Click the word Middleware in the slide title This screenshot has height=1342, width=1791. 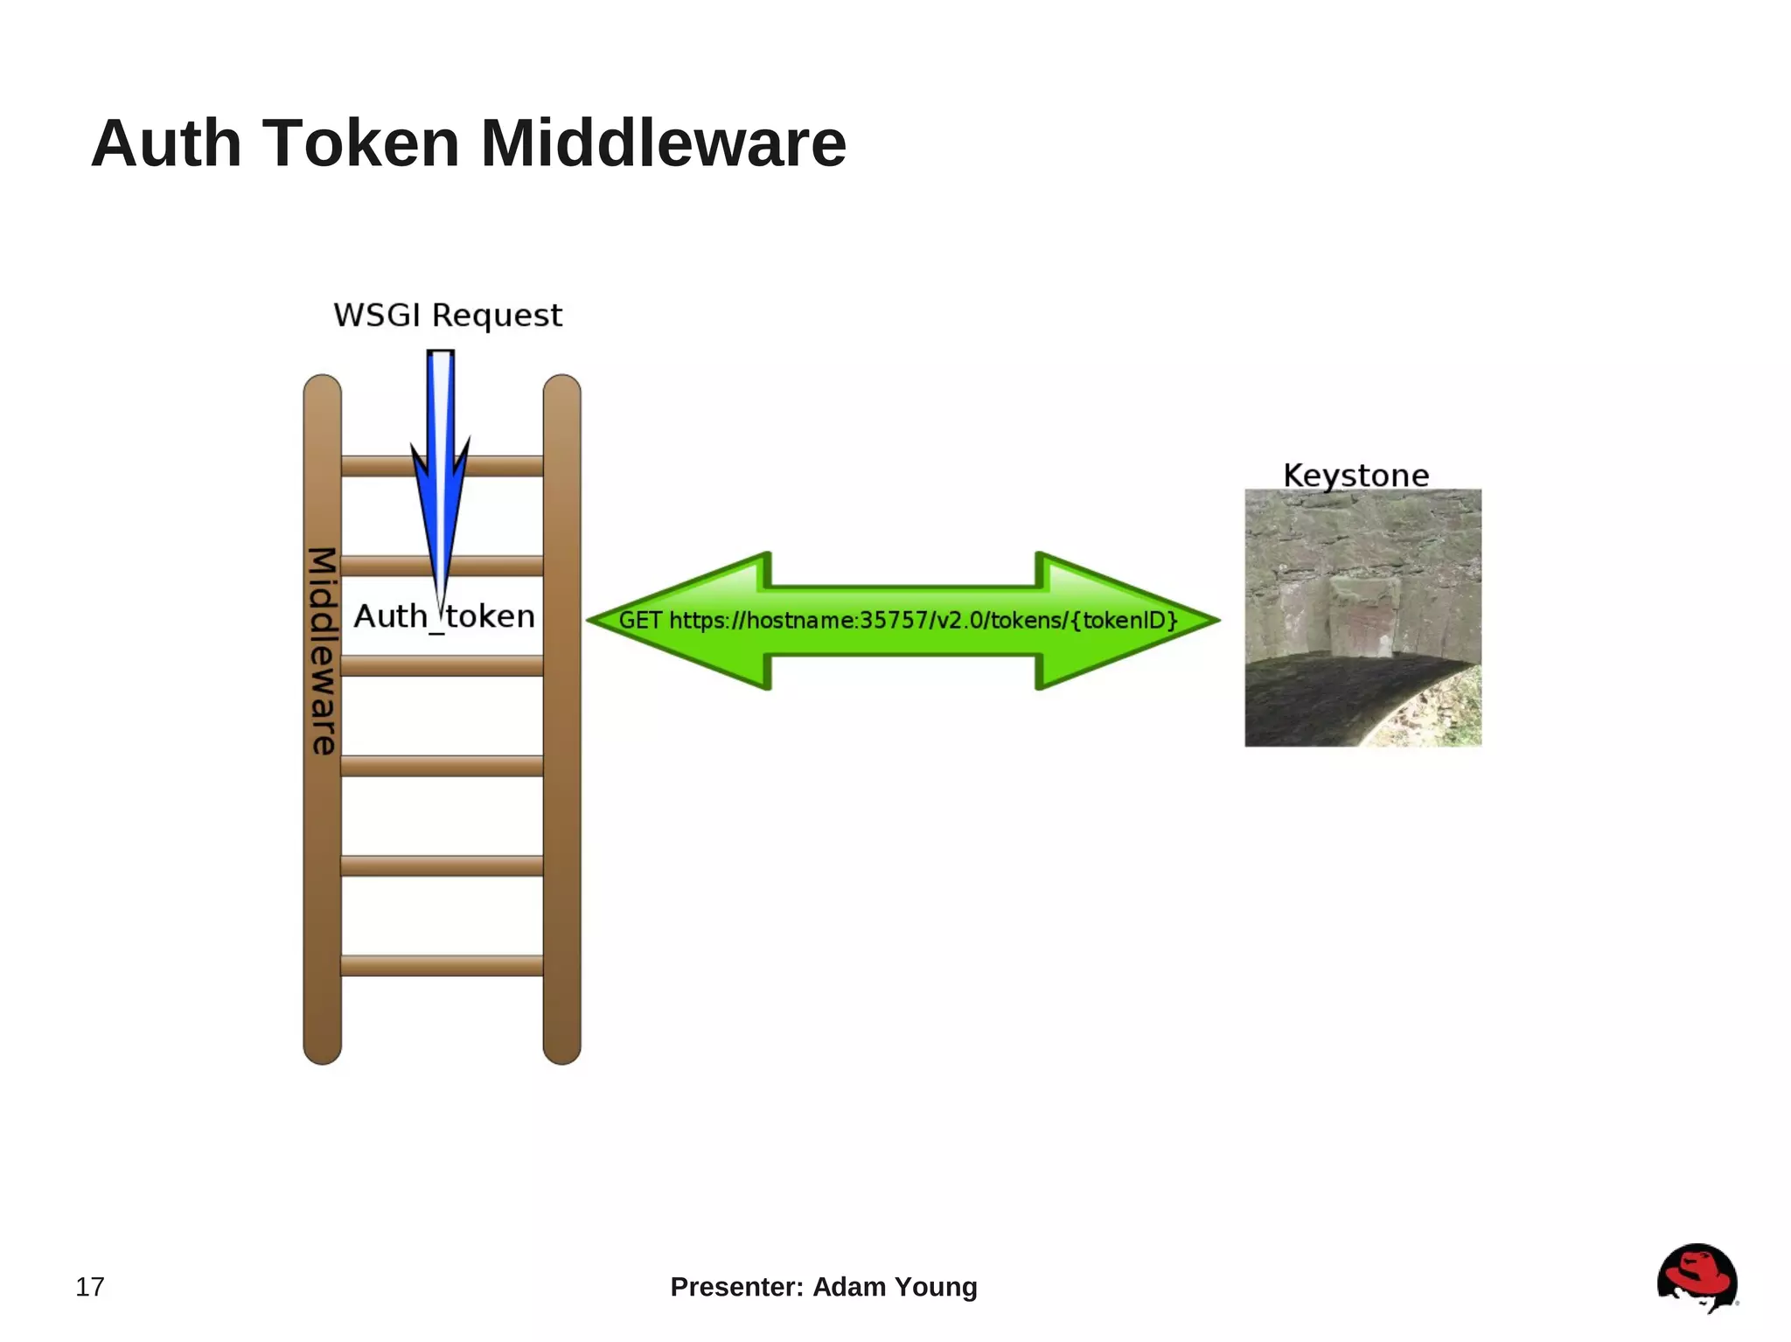[x=663, y=143]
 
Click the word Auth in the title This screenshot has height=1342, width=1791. [x=166, y=143]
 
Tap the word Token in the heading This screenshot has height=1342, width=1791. [x=360, y=143]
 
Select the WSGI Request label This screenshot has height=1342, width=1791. [x=448, y=315]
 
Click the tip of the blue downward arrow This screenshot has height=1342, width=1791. [x=442, y=603]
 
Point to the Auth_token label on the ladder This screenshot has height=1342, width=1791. [x=444, y=617]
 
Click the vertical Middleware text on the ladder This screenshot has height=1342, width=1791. [x=323, y=651]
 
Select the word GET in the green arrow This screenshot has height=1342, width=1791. [x=640, y=621]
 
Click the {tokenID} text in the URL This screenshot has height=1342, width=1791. [x=1124, y=621]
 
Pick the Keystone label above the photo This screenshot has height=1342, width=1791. [x=1355, y=476]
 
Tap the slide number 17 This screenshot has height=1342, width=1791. [x=90, y=1287]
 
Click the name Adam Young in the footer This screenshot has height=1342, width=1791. [x=895, y=1287]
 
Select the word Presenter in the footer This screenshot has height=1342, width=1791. [x=735, y=1287]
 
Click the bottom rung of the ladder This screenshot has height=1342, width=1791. [x=442, y=965]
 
